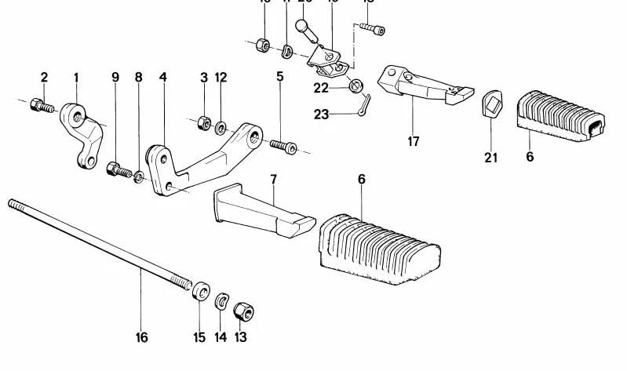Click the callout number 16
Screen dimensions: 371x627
[x=141, y=338]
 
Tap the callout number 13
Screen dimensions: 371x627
[x=240, y=338]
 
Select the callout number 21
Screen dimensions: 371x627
[x=490, y=158]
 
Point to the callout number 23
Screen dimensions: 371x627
[x=321, y=115]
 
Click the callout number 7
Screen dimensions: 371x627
[x=273, y=179]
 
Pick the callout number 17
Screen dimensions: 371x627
[x=413, y=142]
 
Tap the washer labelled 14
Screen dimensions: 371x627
[x=222, y=300]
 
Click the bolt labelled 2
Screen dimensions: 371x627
[x=38, y=104]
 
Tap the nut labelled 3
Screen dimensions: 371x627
[x=202, y=122]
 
